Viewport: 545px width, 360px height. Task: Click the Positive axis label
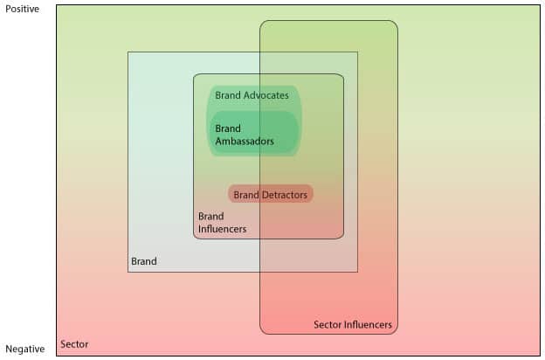click(x=22, y=9)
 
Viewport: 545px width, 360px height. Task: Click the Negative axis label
click(x=25, y=349)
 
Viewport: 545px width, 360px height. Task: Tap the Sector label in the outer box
click(x=74, y=344)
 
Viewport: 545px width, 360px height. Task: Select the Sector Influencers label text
click(x=353, y=324)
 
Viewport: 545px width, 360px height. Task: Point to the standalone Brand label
click(x=144, y=261)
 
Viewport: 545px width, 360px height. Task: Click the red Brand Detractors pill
click(x=271, y=194)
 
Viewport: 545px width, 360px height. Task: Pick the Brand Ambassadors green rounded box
click(x=254, y=132)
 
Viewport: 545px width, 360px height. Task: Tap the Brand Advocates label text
click(x=252, y=95)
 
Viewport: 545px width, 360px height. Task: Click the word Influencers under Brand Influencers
click(x=223, y=229)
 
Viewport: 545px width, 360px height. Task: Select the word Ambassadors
click(x=245, y=141)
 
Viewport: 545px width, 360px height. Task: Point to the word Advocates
click(x=266, y=95)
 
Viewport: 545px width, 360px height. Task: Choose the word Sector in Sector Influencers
click(x=327, y=324)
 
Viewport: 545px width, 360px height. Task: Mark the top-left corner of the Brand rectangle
click(x=128, y=52)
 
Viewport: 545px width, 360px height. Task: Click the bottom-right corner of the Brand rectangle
click(x=357, y=272)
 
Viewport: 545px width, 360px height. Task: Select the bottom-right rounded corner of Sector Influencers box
click(x=395, y=331)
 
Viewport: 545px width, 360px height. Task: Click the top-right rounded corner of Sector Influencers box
click(x=395, y=24)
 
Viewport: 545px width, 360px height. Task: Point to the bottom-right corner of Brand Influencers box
click(x=341, y=237)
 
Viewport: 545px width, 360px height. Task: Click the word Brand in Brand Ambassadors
click(x=228, y=128)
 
